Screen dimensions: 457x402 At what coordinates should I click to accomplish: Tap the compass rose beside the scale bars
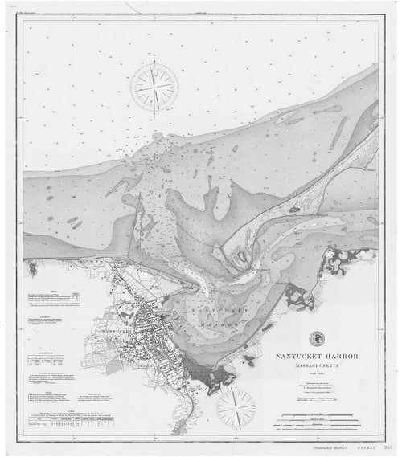(x=236, y=407)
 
